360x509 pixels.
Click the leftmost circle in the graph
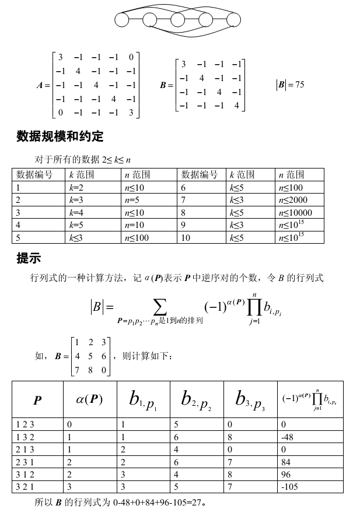(121, 20)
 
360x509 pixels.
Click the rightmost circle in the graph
(233, 20)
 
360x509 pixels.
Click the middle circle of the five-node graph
(178, 20)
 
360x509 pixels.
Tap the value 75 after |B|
(299, 85)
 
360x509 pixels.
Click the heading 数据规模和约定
(60, 137)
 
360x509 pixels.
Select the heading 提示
(29, 258)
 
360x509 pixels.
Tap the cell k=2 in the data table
(76, 188)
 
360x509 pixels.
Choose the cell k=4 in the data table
(76, 212)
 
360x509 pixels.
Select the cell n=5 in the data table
(131, 200)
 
